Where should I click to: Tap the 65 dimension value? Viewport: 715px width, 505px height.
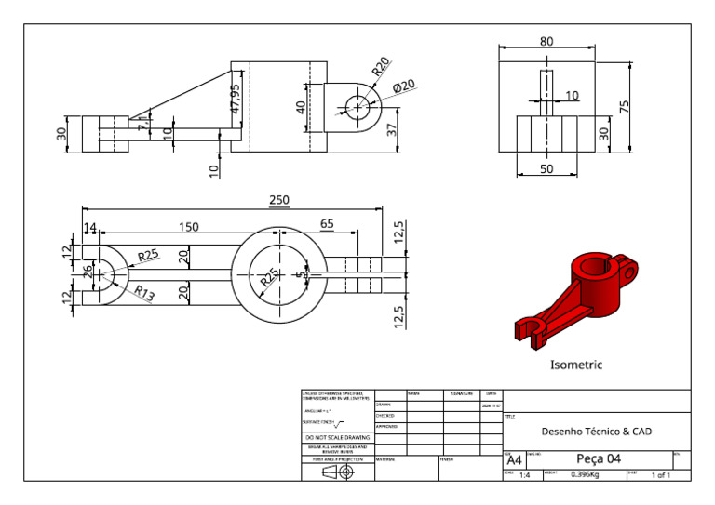coord(327,224)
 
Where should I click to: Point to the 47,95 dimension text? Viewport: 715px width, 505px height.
coord(235,100)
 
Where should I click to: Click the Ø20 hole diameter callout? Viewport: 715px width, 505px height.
coord(403,86)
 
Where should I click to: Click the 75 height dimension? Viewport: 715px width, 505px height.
coord(638,107)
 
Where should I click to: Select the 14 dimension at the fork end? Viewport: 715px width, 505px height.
coord(90,228)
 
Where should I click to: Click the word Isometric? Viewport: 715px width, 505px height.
coord(576,365)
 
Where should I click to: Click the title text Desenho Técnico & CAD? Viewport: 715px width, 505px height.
coord(596,432)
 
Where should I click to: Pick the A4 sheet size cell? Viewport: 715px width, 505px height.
coord(514,460)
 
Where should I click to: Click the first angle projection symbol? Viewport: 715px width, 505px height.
coord(338,472)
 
